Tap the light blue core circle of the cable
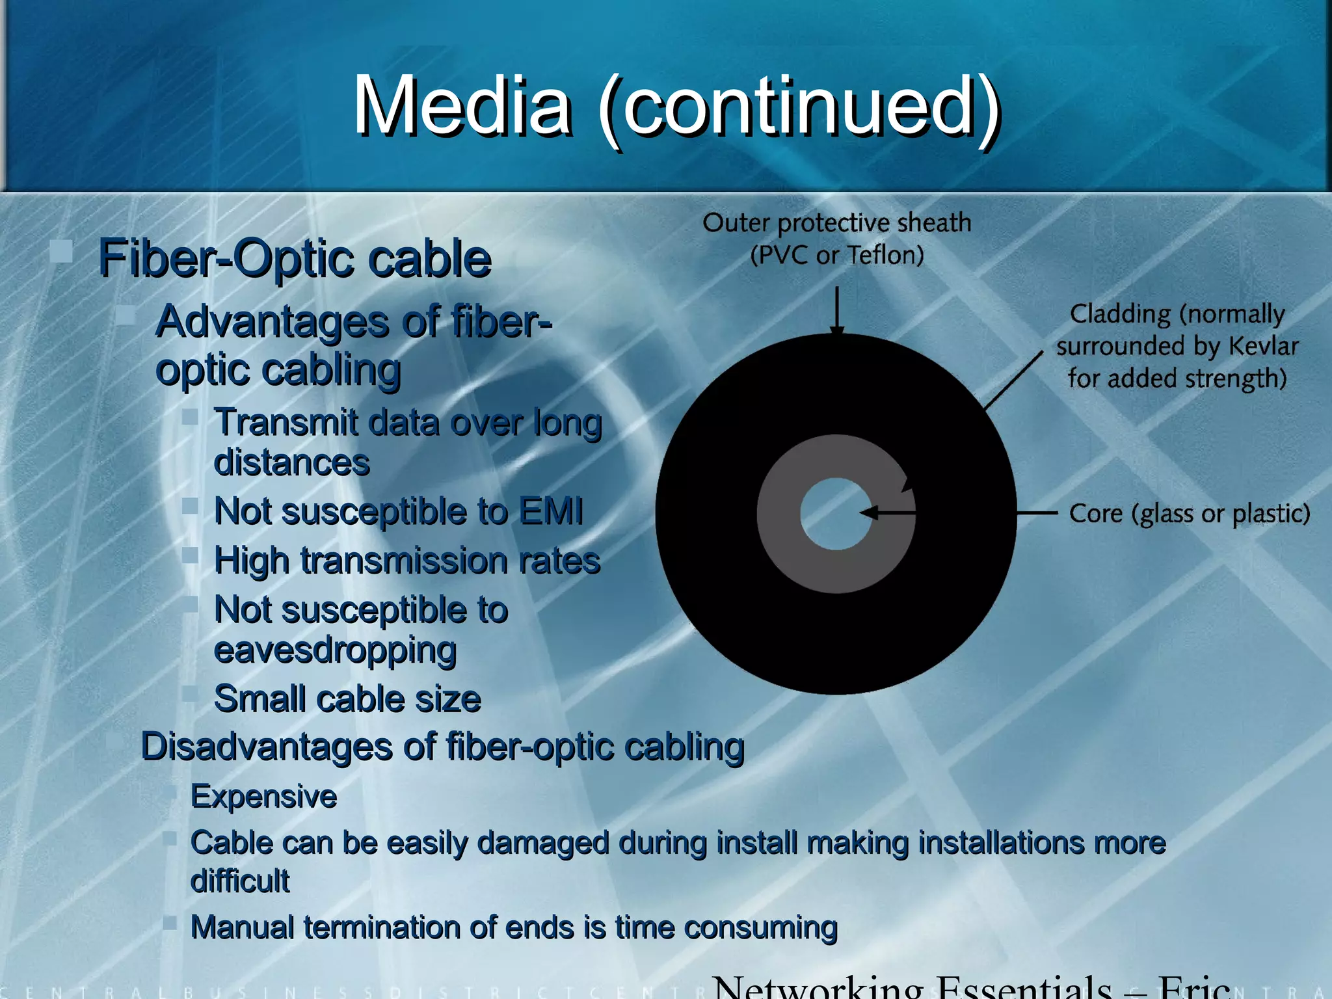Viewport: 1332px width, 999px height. (835, 514)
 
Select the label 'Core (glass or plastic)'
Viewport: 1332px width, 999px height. (1189, 514)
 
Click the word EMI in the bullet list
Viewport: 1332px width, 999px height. (551, 511)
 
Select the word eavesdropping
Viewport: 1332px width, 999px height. (335, 650)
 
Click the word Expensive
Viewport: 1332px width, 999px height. (263, 796)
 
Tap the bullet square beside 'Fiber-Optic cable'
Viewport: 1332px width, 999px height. (62, 250)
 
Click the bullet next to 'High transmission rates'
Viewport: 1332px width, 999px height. (190, 555)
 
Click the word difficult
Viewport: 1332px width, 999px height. (240, 881)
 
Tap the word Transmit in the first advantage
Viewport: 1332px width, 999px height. (286, 423)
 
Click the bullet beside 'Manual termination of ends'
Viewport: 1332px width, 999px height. (170, 922)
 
